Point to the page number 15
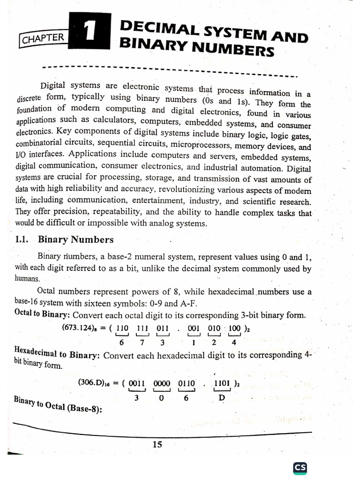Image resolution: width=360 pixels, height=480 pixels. [x=157, y=444]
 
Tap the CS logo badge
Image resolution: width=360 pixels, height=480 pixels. [x=300, y=468]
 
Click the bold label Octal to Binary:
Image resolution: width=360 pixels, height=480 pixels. [x=42, y=314]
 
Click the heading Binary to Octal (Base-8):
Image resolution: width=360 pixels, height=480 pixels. [x=58, y=406]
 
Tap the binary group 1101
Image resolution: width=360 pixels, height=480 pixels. [x=222, y=382]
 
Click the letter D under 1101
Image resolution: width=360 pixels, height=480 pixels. [x=222, y=398]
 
